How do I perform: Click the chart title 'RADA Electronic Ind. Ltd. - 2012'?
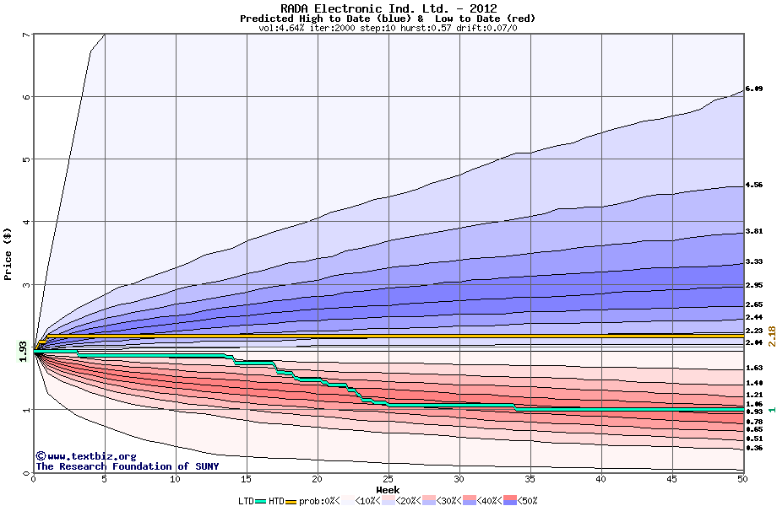click(x=388, y=8)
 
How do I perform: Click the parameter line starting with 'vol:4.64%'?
click(x=388, y=28)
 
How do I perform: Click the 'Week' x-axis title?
click(x=388, y=490)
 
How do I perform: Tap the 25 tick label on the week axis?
click(x=388, y=480)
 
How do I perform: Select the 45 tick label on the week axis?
click(x=671, y=480)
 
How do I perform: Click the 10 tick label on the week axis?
click(x=175, y=480)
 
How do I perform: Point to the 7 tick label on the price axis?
click(x=25, y=35)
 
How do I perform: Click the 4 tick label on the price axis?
click(x=25, y=222)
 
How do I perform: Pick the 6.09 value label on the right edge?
click(x=754, y=89)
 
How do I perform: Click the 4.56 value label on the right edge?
click(x=754, y=185)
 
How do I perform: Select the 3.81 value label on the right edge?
click(x=754, y=231)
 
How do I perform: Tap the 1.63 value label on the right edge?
click(x=754, y=369)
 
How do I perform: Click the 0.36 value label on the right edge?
click(x=754, y=448)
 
